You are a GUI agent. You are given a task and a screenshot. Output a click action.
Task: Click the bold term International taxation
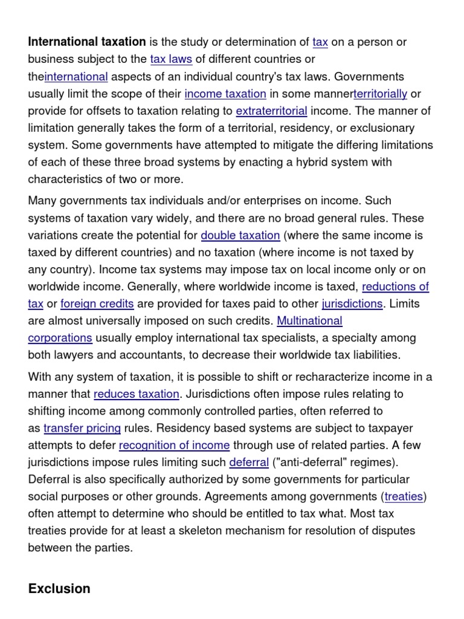(x=87, y=42)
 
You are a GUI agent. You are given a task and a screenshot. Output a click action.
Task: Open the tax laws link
(x=170, y=59)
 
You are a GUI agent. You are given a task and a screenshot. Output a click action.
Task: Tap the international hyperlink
(x=76, y=77)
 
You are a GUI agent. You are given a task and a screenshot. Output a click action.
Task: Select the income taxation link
(x=225, y=94)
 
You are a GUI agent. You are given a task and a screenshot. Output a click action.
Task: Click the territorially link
(x=380, y=94)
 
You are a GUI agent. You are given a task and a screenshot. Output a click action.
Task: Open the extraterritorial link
(x=271, y=111)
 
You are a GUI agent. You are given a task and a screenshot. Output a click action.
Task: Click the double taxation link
(x=240, y=235)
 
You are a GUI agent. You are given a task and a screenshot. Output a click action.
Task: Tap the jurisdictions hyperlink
(x=352, y=303)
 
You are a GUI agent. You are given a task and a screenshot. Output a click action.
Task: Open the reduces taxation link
(x=137, y=394)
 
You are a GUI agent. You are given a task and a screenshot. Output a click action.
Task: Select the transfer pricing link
(x=82, y=429)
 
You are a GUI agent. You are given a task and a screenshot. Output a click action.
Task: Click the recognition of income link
(x=174, y=446)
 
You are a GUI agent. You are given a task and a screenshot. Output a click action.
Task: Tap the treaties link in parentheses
(x=404, y=497)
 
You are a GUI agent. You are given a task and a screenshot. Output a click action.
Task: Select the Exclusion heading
(x=59, y=589)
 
